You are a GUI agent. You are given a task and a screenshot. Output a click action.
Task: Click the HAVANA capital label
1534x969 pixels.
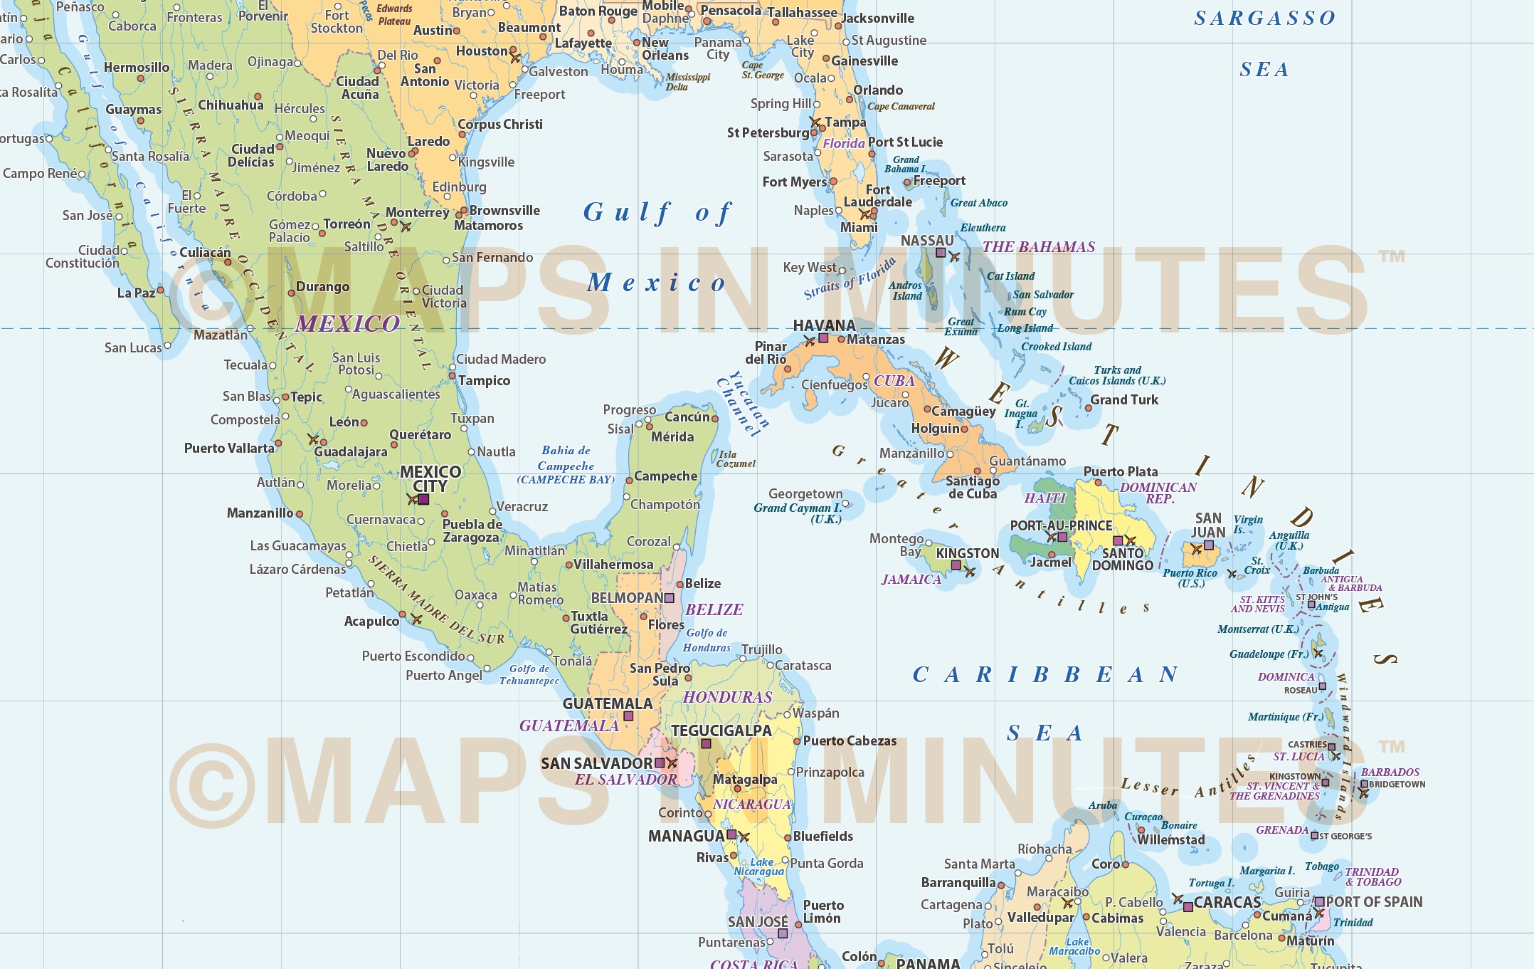tap(824, 325)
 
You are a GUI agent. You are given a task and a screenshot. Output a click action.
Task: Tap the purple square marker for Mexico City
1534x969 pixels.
tap(423, 500)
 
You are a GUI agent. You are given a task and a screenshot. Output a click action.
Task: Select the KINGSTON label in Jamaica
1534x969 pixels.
tap(967, 553)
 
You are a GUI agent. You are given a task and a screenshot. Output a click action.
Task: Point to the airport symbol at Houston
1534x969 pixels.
tap(515, 58)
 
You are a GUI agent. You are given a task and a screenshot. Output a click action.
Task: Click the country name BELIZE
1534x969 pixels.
tap(714, 609)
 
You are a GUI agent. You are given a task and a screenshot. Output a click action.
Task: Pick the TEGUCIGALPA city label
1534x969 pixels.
tap(721, 730)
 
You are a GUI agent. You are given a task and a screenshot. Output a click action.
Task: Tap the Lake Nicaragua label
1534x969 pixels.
tap(760, 866)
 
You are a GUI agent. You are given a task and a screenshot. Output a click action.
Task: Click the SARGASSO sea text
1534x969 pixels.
tap(1264, 19)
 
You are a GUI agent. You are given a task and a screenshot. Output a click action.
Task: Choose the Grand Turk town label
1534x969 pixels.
tap(1124, 399)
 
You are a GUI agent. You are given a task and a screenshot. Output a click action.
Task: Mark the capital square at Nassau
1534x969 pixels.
tap(941, 253)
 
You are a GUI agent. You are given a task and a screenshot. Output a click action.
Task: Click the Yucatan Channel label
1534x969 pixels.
tap(743, 403)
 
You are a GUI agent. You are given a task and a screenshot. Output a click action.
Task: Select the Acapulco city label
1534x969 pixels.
tap(371, 621)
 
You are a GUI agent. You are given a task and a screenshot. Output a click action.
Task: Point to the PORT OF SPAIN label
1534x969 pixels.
tap(1373, 901)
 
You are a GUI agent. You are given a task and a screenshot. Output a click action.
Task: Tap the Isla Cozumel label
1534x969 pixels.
tap(736, 459)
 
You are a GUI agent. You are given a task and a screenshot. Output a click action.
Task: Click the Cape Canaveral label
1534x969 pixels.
tap(901, 106)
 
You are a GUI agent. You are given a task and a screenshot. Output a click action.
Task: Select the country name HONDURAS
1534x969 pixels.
tap(727, 697)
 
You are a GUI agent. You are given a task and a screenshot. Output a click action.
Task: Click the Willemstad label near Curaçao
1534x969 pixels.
tap(1170, 839)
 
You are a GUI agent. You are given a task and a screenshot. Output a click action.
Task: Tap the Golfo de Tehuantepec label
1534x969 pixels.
tap(529, 675)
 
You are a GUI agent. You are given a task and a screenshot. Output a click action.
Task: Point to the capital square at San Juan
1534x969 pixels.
tap(1209, 545)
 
